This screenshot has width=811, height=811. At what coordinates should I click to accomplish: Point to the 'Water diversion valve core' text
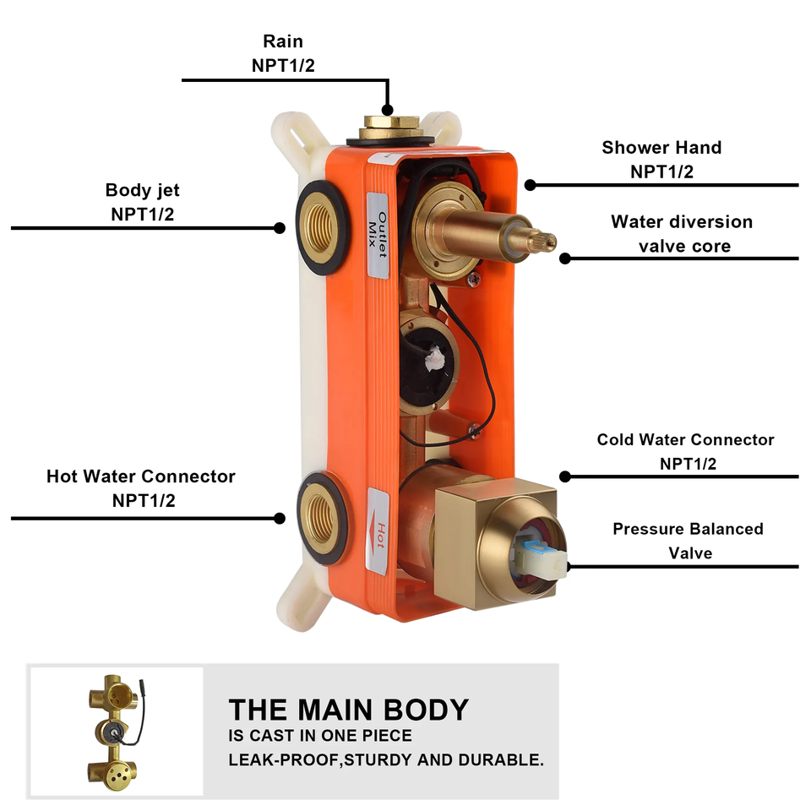coord(682,234)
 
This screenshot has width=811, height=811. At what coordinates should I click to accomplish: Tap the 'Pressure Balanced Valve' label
coord(688,541)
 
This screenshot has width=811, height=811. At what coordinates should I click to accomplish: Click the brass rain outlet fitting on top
coord(388,128)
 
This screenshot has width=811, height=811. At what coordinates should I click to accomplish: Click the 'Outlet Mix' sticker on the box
coord(377,232)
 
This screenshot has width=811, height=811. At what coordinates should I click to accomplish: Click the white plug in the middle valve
coord(433,358)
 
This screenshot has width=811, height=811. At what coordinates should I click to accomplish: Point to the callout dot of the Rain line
coord(387,110)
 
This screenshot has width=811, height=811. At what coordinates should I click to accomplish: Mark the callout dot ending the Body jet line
coord(279,227)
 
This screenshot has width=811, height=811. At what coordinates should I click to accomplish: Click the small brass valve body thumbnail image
coord(115,731)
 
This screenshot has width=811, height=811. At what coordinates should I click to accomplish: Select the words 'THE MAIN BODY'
coord(348,710)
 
